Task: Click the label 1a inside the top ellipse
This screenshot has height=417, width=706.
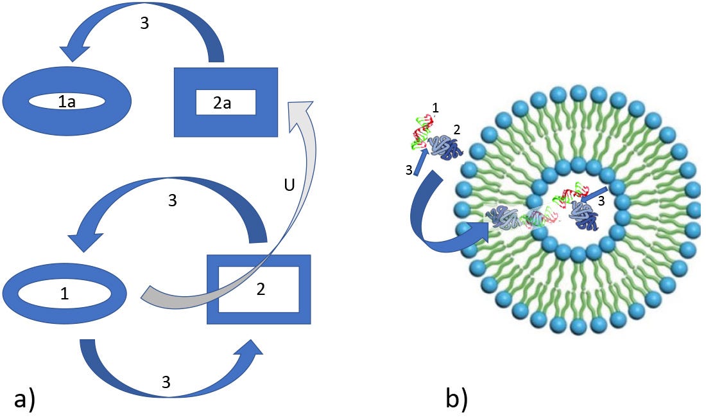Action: click(67, 101)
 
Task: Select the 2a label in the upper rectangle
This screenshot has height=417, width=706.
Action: click(222, 103)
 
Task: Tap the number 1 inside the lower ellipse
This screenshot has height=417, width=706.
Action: click(64, 294)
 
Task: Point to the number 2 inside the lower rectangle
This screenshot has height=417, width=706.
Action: click(261, 289)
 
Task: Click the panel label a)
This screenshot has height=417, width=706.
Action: click(24, 399)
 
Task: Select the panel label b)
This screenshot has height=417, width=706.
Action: click(456, 398)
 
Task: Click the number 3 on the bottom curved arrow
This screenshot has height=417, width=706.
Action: click(166, 382)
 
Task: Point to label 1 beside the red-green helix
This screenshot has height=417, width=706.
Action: click(435, 109)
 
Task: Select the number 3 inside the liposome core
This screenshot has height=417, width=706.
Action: click(601, 200)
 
